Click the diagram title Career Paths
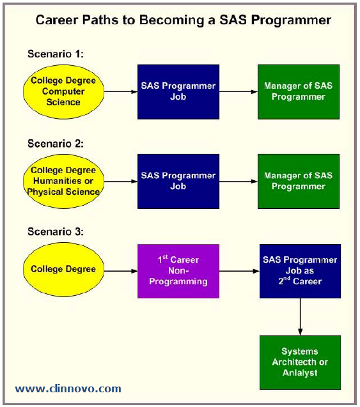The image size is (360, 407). (183, 20)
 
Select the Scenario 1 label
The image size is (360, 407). (56, 54)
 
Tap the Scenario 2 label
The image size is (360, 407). (56, 143)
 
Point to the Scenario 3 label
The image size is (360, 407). (56, 233)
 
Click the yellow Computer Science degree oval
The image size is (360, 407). (63, 91)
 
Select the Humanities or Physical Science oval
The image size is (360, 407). (63, 181)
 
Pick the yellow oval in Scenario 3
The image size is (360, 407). (63, 269)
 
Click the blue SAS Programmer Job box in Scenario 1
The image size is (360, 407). (178, 91)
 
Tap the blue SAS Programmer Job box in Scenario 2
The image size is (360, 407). (178, 181)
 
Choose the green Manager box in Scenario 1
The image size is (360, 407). (298, 91)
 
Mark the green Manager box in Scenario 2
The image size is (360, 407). (298, 181)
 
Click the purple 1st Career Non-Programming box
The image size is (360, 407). (178, 271)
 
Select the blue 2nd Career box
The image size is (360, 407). (300, 271)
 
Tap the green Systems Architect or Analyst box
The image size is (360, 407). (300, 362)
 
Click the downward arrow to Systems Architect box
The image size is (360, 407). (300, 317)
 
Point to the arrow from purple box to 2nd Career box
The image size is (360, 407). (239, 271)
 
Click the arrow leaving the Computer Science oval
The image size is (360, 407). (120, 91)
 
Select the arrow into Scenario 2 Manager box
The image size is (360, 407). (239, 181)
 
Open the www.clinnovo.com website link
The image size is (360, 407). (68, 388)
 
